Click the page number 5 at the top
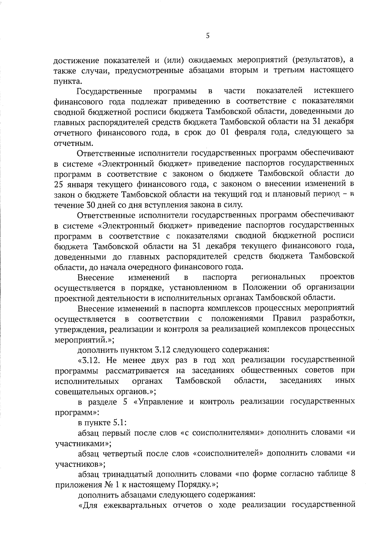pos(208,36)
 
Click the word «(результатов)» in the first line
pos(318,60)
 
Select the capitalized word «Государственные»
pos(109,91)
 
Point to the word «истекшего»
pos(334,91)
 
